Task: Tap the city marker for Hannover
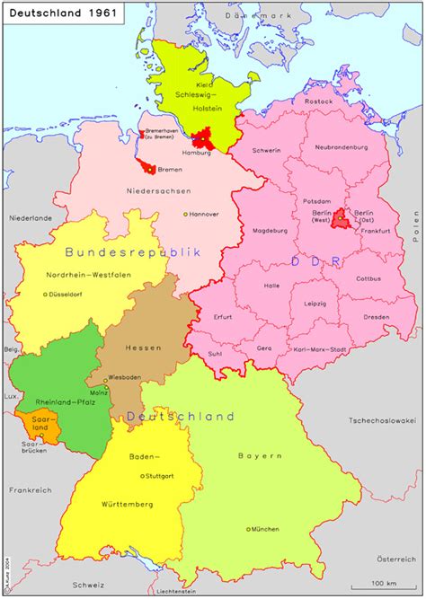tap(186, 214)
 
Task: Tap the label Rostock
tap(318, 101)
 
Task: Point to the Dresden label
tap(377, 317)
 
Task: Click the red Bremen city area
tap(146, 166)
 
